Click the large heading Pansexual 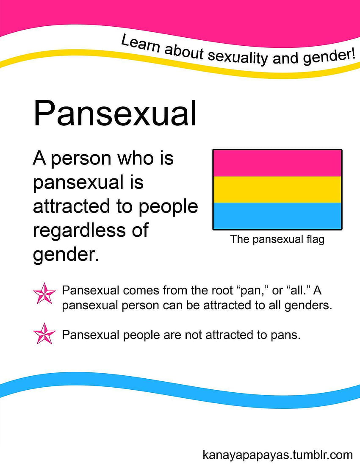[115, 113]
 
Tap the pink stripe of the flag [277, 163]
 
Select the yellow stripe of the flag [277, 190]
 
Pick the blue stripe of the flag [277, 216]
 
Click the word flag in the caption [315, 239]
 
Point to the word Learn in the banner [141, 43]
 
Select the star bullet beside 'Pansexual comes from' [44, 293]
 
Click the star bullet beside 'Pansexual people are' [44, 333]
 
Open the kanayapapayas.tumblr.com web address [278, 455]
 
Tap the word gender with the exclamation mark [329, 57]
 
